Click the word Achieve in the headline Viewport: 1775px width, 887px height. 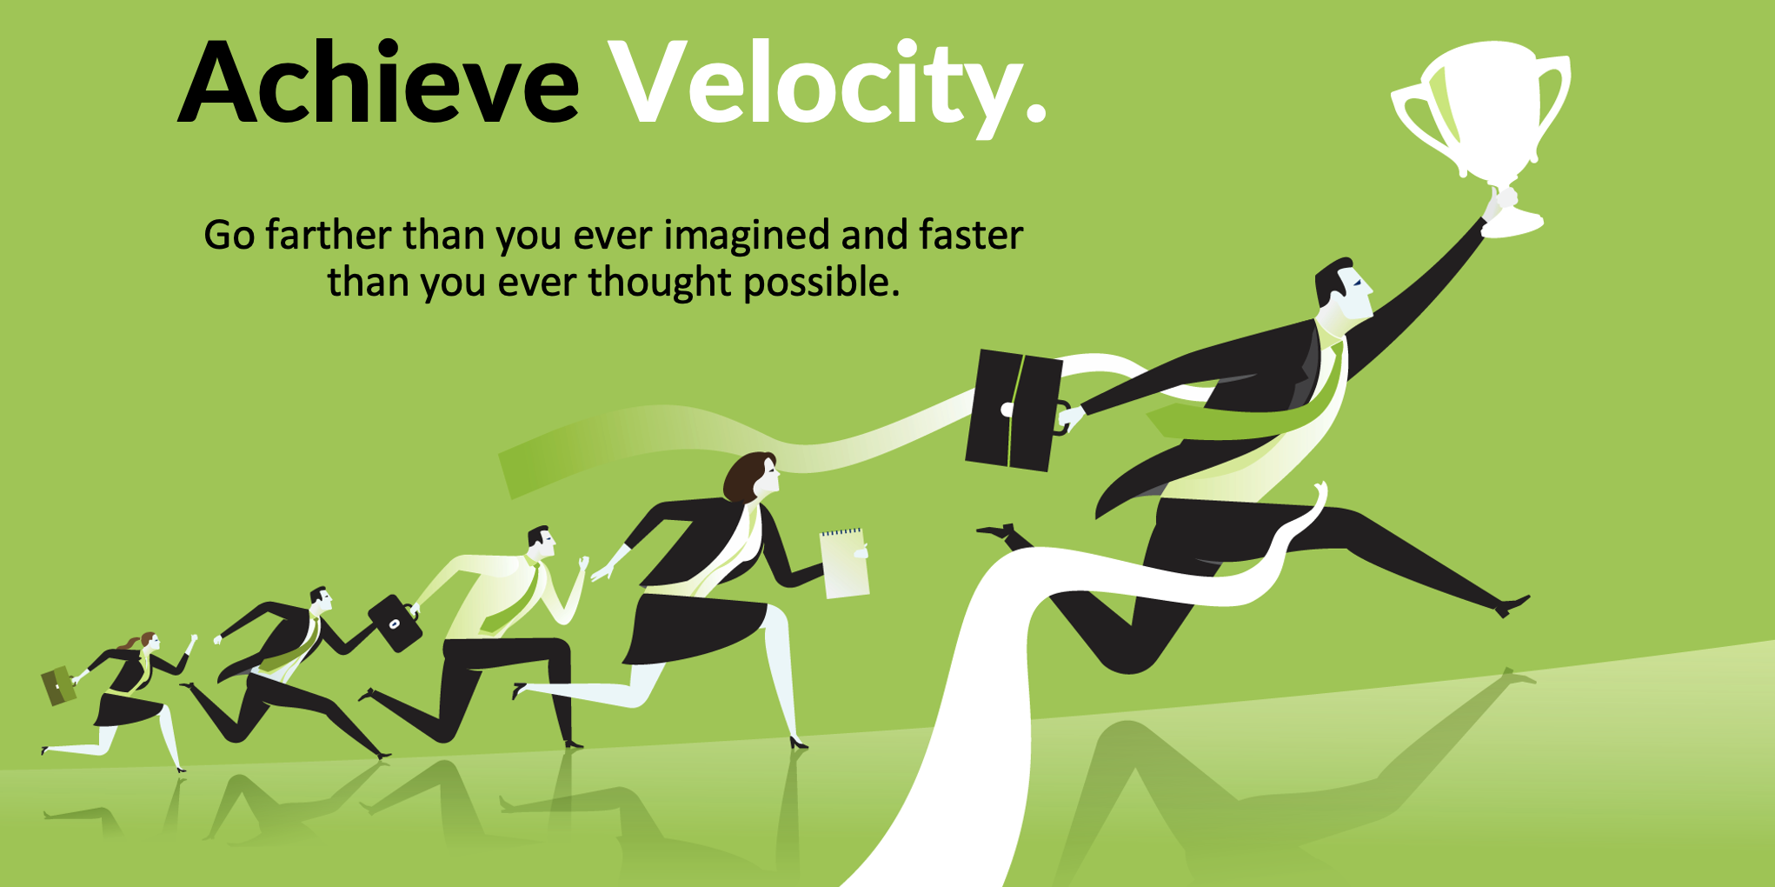[379, 82]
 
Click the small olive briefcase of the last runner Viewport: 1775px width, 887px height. [59, 685]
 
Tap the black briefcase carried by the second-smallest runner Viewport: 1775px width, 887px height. [396, 622]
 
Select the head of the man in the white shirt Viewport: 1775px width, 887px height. [541, 543]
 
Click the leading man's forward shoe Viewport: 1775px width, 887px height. [1512, 604]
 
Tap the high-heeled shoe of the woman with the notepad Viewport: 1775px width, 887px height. [798, 742]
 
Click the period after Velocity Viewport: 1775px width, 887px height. [1035, 111]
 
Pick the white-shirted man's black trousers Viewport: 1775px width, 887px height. [487, 687]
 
